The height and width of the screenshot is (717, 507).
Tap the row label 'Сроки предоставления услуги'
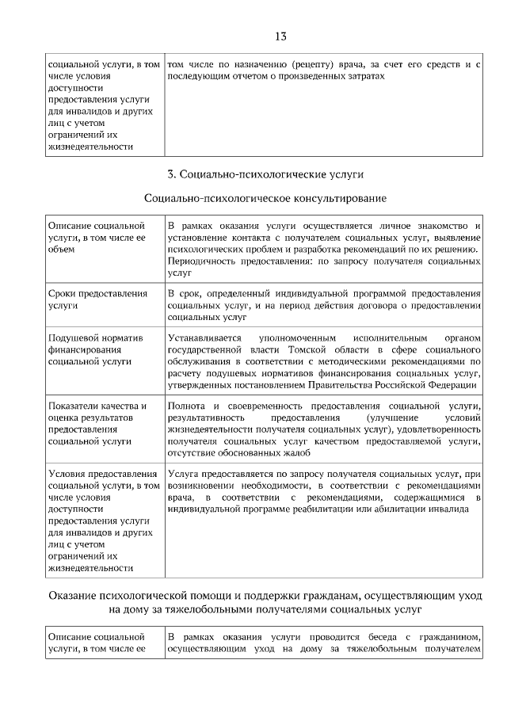[97, 299]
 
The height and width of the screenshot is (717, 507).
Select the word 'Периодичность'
[202, 261]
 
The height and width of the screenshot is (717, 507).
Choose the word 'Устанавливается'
[204, 338]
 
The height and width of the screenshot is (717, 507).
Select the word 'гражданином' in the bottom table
[449, 637]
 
